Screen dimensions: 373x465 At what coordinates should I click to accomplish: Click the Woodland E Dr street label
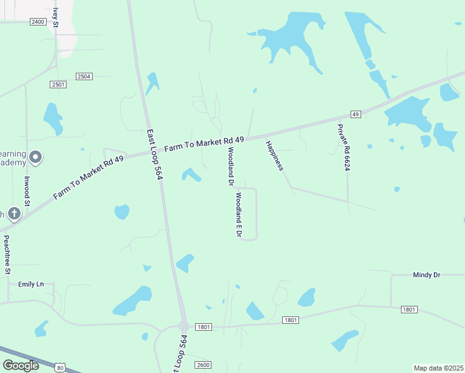tap(237, 215)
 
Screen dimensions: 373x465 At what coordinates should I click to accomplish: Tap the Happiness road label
tap(274, 156)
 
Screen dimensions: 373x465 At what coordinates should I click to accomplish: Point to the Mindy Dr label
tap(426, 274)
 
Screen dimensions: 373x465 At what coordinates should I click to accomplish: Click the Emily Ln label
tap(31, 284)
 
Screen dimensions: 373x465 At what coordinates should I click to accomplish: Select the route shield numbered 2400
tap(38, 22)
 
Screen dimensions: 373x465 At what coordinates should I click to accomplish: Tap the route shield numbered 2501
tap(59, 85)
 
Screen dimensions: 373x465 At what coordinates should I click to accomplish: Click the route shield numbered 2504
tap(84, 76)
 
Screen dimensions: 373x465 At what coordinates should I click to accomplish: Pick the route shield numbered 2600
tap(203, 365)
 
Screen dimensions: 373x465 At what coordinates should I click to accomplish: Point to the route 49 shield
tap(356, 114)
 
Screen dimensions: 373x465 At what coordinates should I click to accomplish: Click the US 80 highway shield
tap(60, 368)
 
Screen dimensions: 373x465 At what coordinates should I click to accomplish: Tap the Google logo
tap(21, 366)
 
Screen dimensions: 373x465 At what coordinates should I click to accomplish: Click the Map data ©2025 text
tap(438, 368)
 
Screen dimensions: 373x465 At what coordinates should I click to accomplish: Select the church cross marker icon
tap(14, 214)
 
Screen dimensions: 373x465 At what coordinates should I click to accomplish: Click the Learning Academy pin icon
tap(35, 158)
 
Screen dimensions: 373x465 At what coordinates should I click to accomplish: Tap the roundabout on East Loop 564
tap(184, 326)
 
